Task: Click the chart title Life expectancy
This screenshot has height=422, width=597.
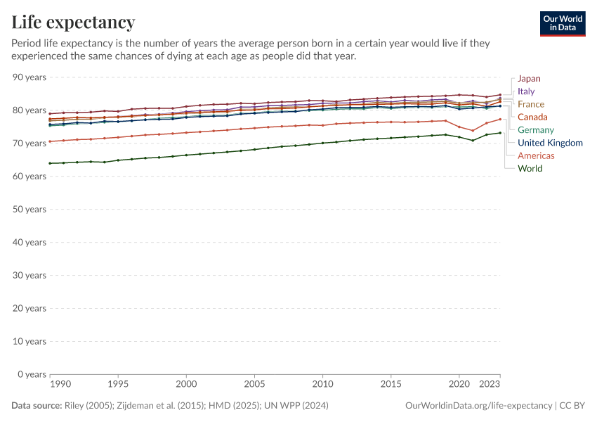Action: tap(74, 23)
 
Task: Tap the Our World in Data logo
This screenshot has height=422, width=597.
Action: tap(562, 23)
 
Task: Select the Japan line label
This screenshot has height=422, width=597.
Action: tap(529, 79)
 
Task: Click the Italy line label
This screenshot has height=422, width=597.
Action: tap(526, 91)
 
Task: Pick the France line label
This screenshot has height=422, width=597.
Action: tap(531, 104)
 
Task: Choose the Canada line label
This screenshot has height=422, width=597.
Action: tap(532, 117)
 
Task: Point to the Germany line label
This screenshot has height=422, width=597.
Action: tap(536, 130)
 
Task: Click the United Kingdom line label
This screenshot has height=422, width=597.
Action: tap(550, 143)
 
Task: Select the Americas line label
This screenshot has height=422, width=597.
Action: tap(537, 155)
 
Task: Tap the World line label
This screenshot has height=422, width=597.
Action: tap(530, 168)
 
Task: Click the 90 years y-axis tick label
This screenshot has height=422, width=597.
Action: tap(29, 77)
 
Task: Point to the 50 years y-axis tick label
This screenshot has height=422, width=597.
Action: tap(29, 210)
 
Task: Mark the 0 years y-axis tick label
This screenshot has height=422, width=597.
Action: tap(31, 374)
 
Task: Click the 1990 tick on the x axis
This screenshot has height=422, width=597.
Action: tap(60, 385)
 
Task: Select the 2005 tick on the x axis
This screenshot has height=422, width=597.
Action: tap(254, 385)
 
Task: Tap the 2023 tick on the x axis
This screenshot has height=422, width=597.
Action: tap(490, 385)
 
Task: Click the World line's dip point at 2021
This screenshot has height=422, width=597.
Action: tap(473, 141)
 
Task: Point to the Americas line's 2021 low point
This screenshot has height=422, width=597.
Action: tap(473, 131)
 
